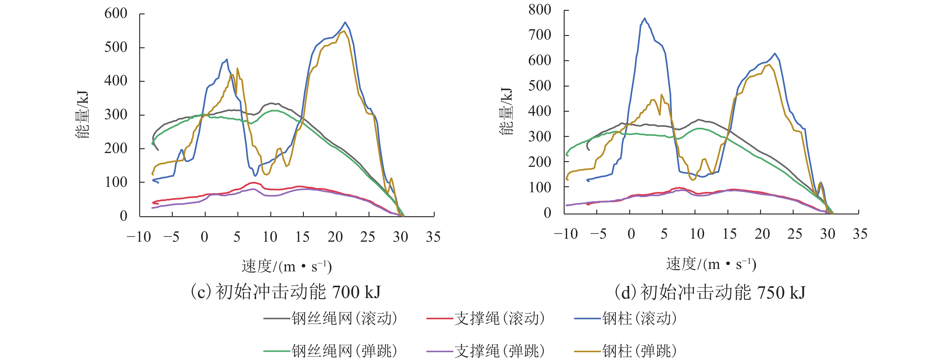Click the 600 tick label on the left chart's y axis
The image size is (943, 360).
pyautogui.click(x=116, y=13)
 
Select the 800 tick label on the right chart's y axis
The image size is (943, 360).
pyautogui.click(x=539, y=10)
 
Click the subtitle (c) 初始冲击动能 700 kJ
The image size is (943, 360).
pyautogui.click(x=286, y=292)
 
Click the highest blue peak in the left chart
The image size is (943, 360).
pyautogui.click(x=345, y=22)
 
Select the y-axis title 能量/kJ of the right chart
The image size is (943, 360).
pyautogui.click(x=506, y=112)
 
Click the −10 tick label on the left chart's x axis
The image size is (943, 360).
pyautogui.click(x=139, y=237)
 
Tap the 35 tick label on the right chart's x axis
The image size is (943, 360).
pyautogui.click(x=860, y=234)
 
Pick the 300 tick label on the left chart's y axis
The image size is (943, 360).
pyautogui.click(x=116, y=115)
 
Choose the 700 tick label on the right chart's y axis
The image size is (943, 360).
pyautogui.click(x=539, y=35)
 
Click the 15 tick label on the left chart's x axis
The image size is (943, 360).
pyautogui.click(x=302, y=237)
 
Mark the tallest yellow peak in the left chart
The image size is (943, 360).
pyautogui.click(x=343, y=31)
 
